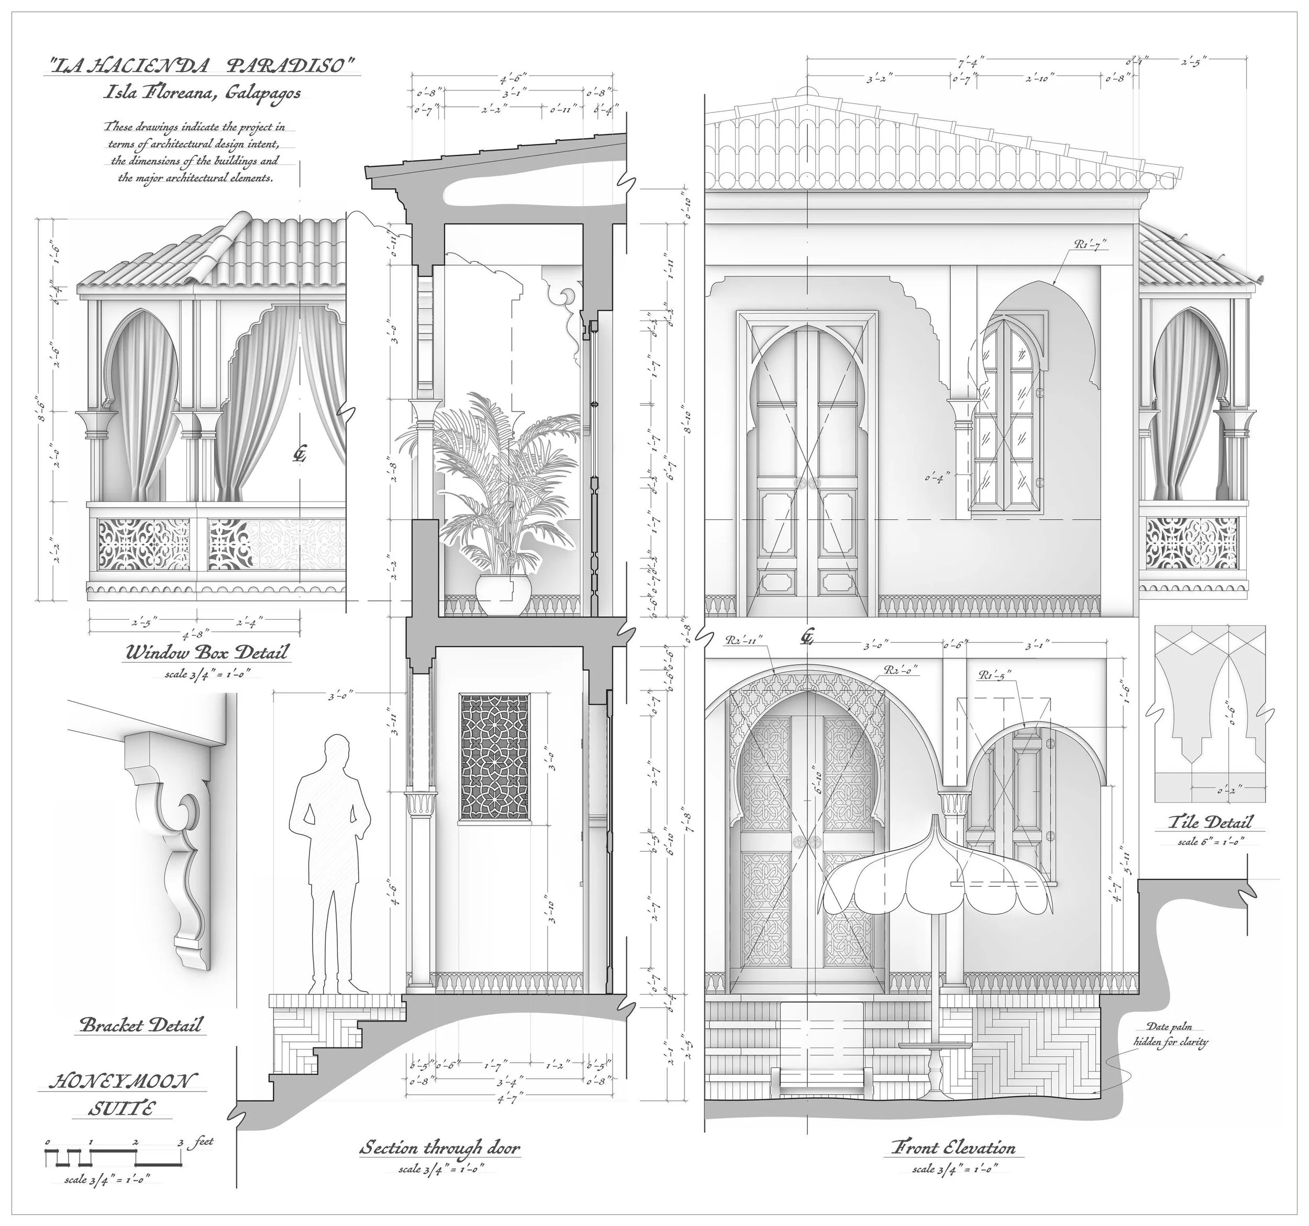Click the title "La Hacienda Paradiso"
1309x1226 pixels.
tap(204, 66)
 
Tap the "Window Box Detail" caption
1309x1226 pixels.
tap(207, 653)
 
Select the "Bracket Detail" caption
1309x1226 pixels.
tap(141, 1024)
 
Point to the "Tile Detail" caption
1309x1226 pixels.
tap(1210, 822)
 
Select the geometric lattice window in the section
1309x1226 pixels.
tap(494, 757)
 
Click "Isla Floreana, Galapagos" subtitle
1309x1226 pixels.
tap(203, 93)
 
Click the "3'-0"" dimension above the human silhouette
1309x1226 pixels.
tap(341, 694)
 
